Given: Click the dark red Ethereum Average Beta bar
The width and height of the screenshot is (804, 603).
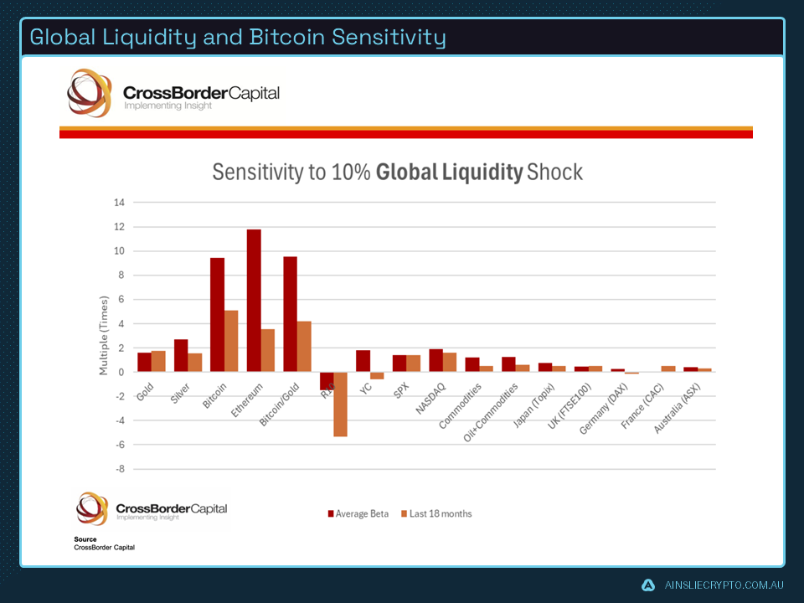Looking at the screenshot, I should (254, 301).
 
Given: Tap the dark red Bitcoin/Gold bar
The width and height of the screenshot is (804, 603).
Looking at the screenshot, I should (290, 314).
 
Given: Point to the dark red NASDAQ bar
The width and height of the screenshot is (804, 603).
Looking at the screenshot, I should (435, 360).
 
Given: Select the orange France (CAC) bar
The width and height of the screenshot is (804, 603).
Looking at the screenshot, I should (668, 368).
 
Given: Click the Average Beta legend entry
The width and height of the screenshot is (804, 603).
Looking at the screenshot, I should (358, 513).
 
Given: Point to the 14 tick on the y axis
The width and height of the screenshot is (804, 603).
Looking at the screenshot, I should (118, 203).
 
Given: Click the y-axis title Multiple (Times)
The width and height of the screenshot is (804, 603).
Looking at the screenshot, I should (104, 335).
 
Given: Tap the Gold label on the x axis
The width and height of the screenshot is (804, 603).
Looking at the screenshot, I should (144, 392).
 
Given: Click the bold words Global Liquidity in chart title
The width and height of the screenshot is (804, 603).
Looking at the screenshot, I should (449, 173).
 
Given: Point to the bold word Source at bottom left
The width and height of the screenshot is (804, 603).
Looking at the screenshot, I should (85, 539).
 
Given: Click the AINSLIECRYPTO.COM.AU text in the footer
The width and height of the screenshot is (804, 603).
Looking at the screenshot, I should (724, 585).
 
